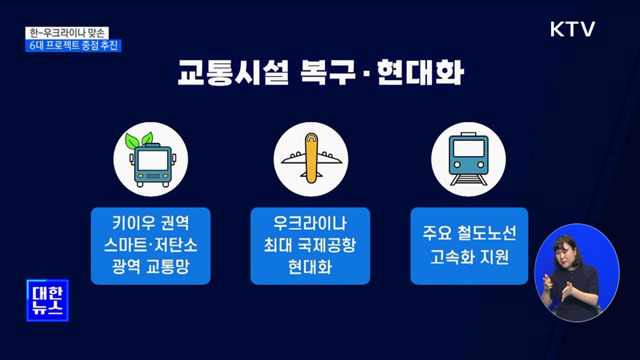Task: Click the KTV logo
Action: [x=572, y=30]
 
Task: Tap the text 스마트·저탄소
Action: [x=151, y=246]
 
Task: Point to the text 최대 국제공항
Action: [x=311, y=246]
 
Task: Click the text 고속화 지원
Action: [x=468, y=257]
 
